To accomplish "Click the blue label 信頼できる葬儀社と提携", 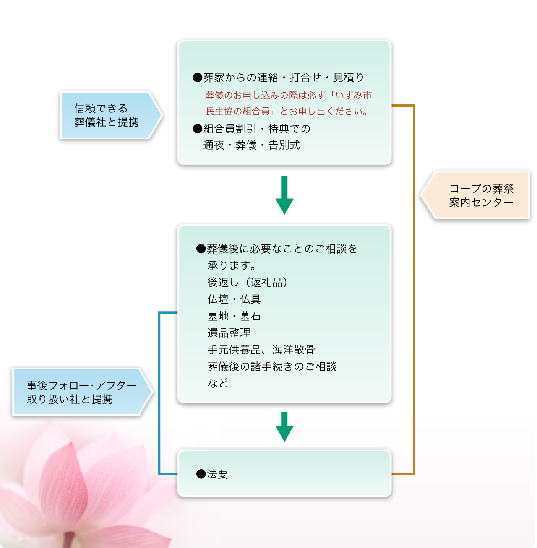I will (x=107, y=115).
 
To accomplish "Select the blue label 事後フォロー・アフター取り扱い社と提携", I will (x=78, y=392).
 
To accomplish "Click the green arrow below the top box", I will (x=284, y=195).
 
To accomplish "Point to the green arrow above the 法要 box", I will (x=284, y=427).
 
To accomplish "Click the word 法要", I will (x=217, y=474).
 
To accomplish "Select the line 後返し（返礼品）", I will (x=248, y=282).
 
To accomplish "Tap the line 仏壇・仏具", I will (x=234, y=299).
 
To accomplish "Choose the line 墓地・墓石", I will (x=234, y=316).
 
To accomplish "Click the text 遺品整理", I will (x=229, y=333).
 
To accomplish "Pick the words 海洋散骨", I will (x=294, y=350).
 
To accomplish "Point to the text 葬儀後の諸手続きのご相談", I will (x=272, y=366).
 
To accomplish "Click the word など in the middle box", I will (x=218, y=383).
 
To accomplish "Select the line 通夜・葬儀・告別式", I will (x=251, y=145).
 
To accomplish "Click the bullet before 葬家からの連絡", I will (x=197, y=78).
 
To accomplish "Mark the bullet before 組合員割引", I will (x=197, y=129).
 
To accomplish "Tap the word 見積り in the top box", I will (x=349, y=78).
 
